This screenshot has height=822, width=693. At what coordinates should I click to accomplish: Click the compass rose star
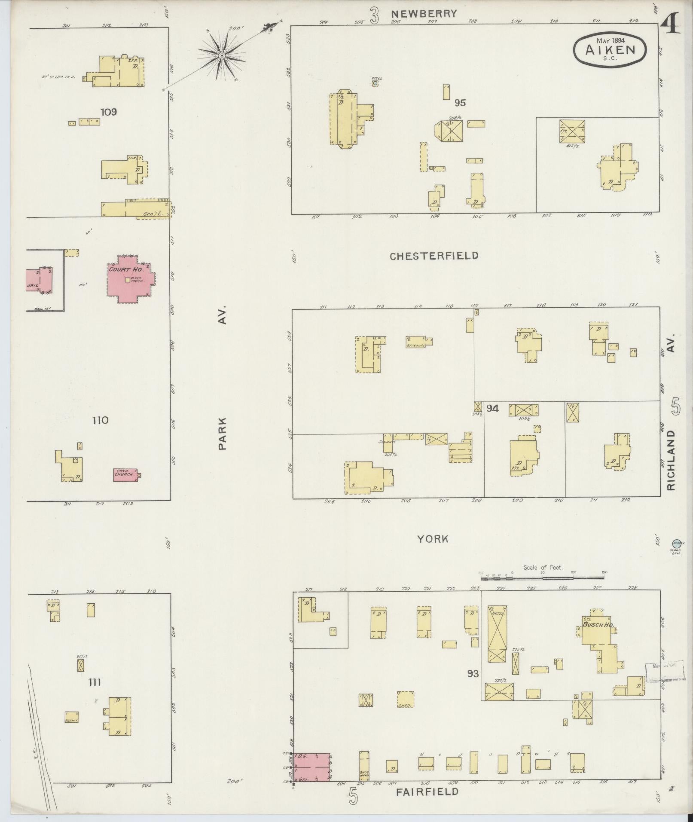pos(222,55)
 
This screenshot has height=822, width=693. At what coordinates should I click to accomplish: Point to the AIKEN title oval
pos(610,49)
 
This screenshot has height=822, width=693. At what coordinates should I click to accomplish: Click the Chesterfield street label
pos(434,256)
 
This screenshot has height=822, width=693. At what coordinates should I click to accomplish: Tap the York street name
pos(433,539)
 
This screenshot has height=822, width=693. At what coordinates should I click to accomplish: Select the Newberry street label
pos(424,14)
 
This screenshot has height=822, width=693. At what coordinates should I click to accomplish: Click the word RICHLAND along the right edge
pos(672,460)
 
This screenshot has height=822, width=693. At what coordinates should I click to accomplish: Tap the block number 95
pos(460,103)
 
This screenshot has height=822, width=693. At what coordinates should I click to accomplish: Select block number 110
pos(100,420)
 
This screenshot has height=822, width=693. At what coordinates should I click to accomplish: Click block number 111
pos(95,682)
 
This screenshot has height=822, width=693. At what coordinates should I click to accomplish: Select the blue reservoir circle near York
pos(677,544)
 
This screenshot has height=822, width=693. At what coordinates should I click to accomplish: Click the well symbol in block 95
pos(375,83)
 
